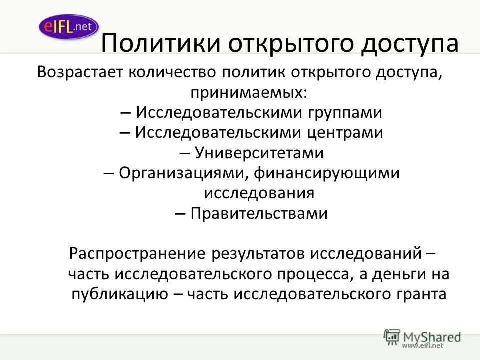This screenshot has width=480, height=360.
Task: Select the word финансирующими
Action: [327, 173]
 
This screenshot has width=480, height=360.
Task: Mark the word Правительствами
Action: [259, 213]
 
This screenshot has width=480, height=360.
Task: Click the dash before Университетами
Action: [184, 153]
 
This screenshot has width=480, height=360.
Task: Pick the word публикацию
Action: [120, 294]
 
